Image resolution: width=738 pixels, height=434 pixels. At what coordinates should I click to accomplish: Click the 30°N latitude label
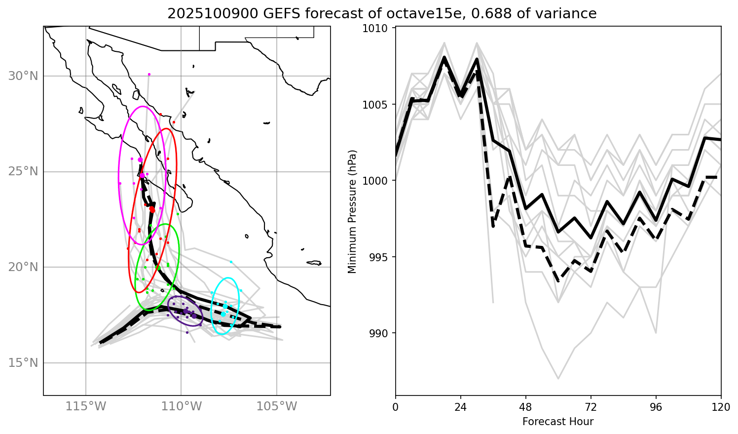pyautogui.click(x=23, y=76)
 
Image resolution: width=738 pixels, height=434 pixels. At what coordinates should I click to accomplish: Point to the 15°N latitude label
pyautogui.click(x=23, y=363)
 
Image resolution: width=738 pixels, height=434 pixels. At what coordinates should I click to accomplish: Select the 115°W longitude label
pyautogui.click(x=86, y=407)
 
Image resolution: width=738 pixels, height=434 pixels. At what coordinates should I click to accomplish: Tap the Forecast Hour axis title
pyautogui.click(x=558, y=422)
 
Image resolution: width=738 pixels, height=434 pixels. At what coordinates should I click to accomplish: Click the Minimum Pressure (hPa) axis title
pyautogui.click(x=352, y=211)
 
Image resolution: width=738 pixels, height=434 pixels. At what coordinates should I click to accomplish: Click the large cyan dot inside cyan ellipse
pyautogui.click(x=223, y=314)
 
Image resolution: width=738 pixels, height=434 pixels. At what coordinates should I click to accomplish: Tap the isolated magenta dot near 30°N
pyautogui.click(x=149, y=74)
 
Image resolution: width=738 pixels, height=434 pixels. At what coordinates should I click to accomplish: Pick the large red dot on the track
pyautogui.click(x=152, y=210)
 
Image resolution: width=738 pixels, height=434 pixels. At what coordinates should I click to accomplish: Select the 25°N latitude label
pyautogui.click(x=23, y=172)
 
